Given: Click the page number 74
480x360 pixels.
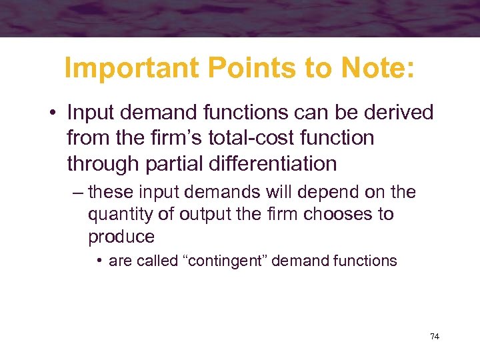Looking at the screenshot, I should point(434,337).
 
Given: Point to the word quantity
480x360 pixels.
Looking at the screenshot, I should point(116,215).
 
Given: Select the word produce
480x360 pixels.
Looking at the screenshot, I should point(121,237).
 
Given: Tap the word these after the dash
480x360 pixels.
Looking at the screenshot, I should point(111,193).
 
